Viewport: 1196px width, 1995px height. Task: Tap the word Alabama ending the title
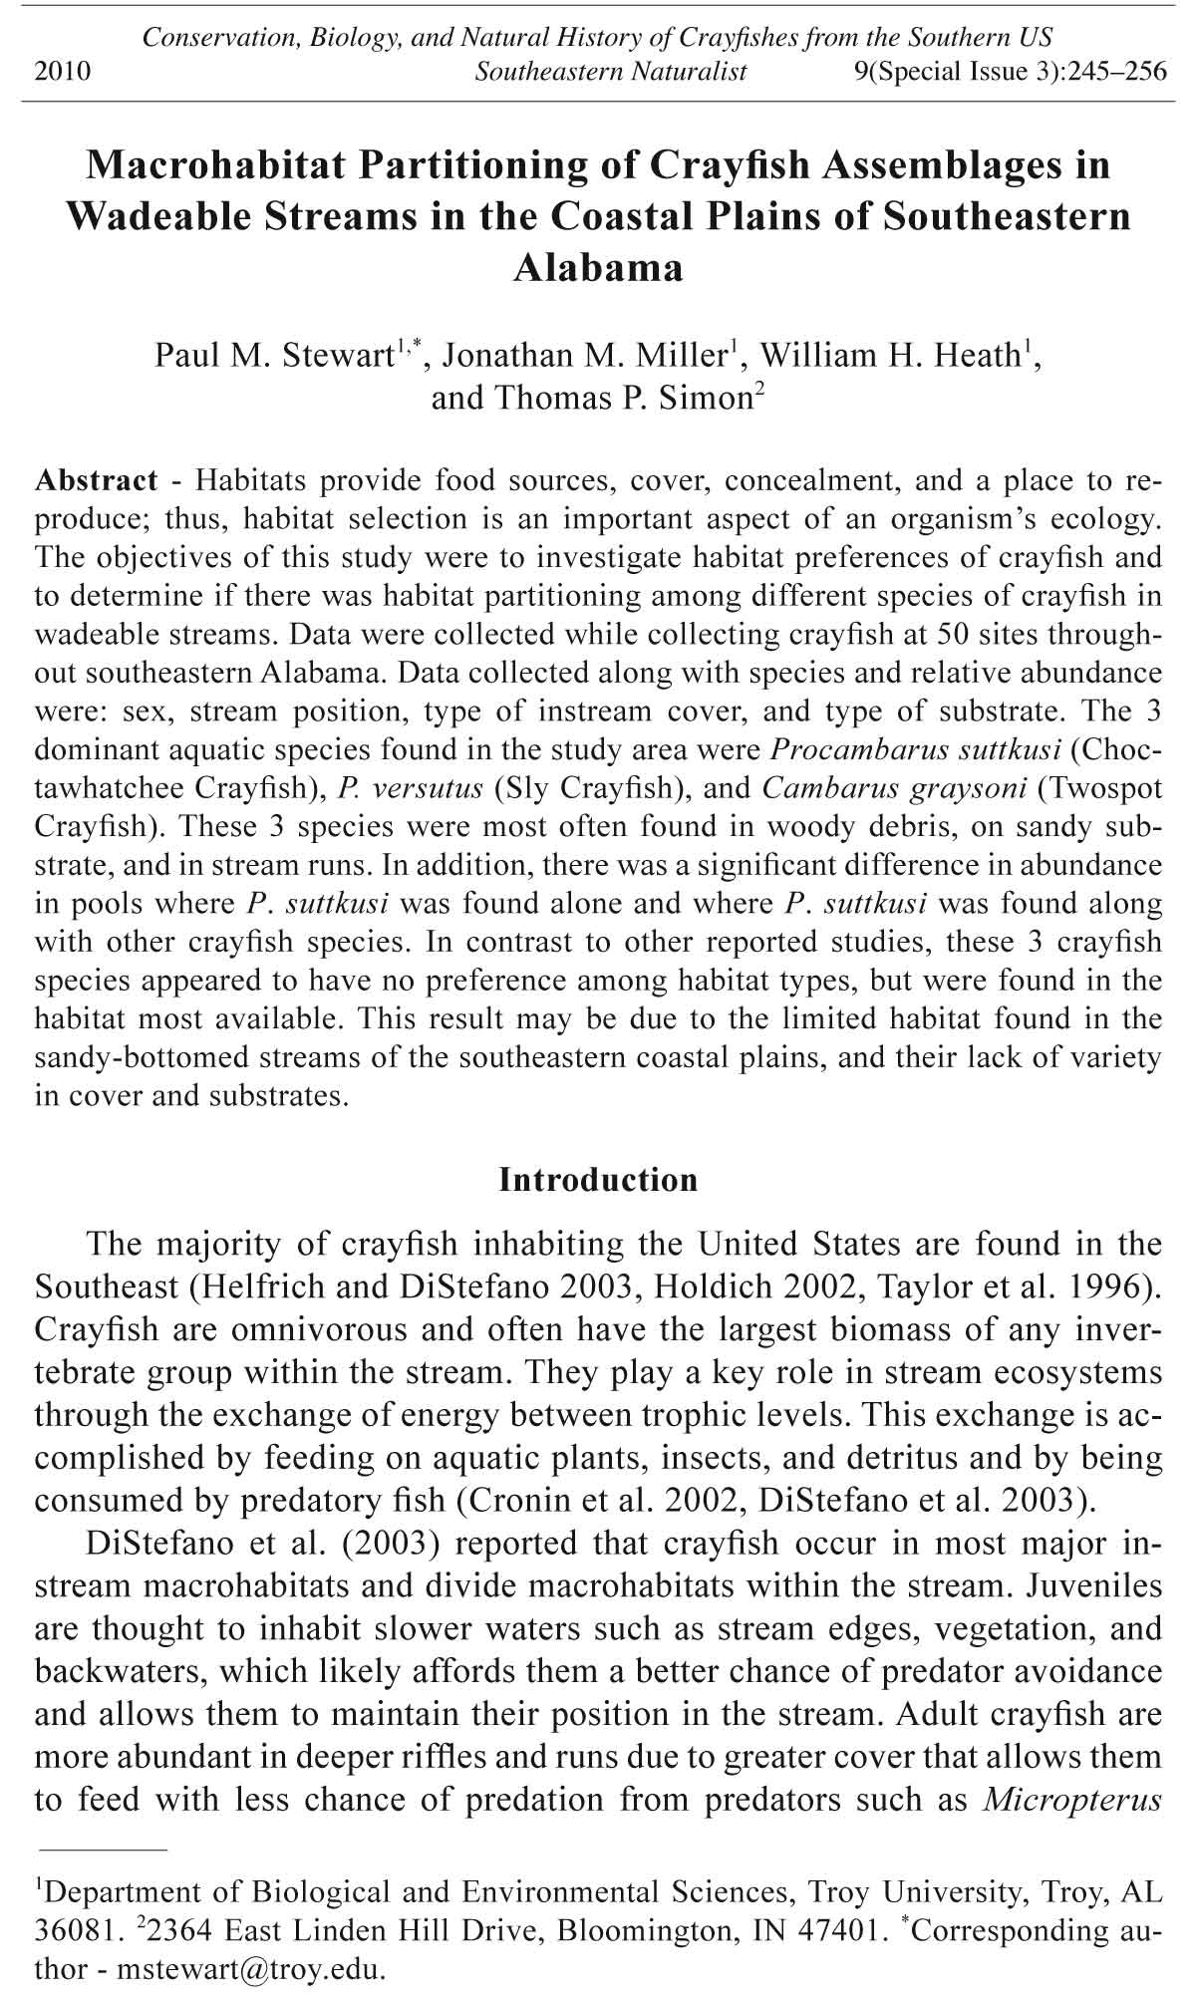point(598,268)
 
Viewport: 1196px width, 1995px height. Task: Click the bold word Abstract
point(97,480)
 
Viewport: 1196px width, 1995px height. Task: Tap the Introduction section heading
point(598,1180)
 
